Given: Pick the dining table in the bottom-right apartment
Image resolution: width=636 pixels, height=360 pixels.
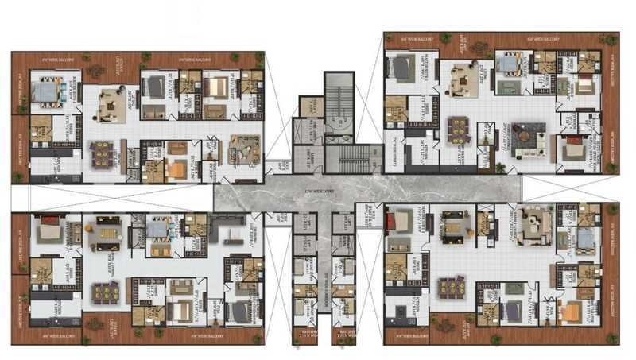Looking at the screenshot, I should (x=452, y=286).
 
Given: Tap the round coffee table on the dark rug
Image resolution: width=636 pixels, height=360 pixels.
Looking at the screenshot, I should (x=525, y=137).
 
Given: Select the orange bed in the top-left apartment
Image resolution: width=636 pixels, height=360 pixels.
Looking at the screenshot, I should (x=176, y=168).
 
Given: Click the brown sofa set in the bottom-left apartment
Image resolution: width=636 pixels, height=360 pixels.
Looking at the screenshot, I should (x=180, y=288).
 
